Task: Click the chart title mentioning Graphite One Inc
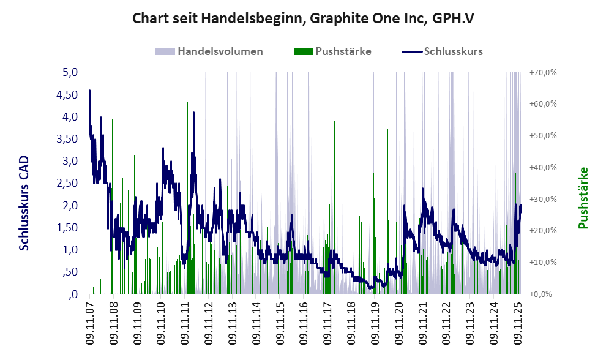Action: coord(304,18)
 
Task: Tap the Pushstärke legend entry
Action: coord(343,51)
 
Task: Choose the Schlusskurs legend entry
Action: coord(453,51)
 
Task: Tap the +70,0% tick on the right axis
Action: coord(543,72)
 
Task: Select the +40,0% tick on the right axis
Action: coord(543,167)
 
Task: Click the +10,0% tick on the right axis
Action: coord(543,262)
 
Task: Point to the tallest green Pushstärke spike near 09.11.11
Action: coord(187,104)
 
